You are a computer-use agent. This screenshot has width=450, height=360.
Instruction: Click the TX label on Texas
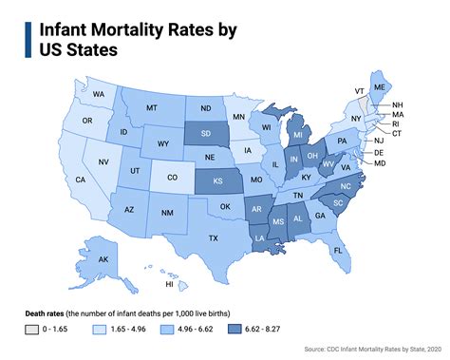(x=214, y=237)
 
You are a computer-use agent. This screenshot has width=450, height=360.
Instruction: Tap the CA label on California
(x=81, y=179)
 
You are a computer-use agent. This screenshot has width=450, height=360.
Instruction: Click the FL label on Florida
(x=337, y=250)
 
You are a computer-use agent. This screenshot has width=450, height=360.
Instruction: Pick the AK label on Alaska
(x=103, y=259)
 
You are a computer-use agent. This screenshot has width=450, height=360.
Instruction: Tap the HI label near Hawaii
(x=170, y=284)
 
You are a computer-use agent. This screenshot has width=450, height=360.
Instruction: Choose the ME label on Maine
(x=407, y=86)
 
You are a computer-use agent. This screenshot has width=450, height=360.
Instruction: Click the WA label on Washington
(x=99, y=95)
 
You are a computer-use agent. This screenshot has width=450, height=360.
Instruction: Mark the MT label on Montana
(x=151, y=108)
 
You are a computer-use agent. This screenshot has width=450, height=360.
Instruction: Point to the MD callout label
(x=406, y=163)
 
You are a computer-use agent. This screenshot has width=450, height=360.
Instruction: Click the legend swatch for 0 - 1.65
(x=32, y=329)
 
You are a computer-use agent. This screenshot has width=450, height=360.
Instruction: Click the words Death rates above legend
(x=47, y=312)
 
